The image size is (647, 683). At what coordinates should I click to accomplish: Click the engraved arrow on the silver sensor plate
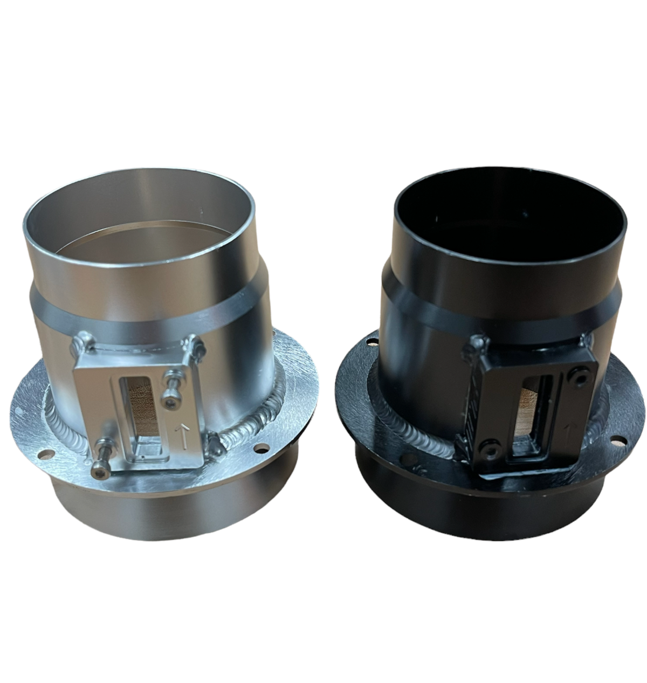184,436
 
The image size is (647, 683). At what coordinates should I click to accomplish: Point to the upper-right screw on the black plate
580,379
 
